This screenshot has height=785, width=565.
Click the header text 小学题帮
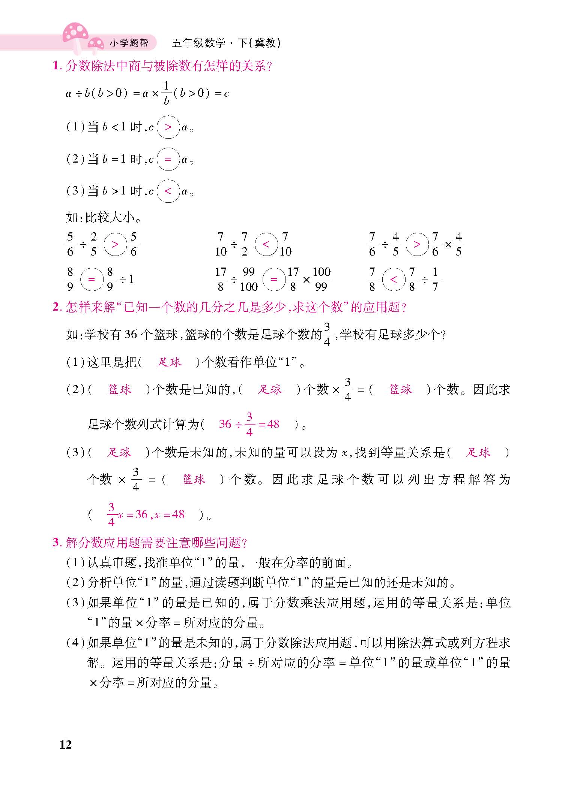pos(129,43)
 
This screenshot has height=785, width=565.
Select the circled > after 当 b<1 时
pos(168,127)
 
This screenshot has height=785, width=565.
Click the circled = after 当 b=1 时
pos(168,160)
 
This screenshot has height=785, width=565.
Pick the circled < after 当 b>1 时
pos(168,191)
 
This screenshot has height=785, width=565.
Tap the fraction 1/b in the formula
pos(167,93)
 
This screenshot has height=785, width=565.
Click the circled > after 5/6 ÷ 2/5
pos(115,244)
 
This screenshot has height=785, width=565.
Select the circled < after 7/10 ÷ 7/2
pos(266,244)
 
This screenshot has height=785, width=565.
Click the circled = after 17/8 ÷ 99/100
pos(274,280)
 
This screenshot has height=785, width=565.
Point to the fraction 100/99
pos(322,280)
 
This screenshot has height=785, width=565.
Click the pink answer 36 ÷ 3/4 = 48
pos(249,424)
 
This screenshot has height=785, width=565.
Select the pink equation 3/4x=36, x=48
pos(146,514)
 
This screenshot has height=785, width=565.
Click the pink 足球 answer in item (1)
pos(170,362)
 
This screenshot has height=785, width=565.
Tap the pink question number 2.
pos(57,308)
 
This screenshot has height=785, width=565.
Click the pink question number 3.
pos(56,543)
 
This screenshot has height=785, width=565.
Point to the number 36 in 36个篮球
pos(131,334)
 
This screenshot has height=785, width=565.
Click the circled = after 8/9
pos(92,280)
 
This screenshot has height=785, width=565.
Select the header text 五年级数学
pos(198,43)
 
